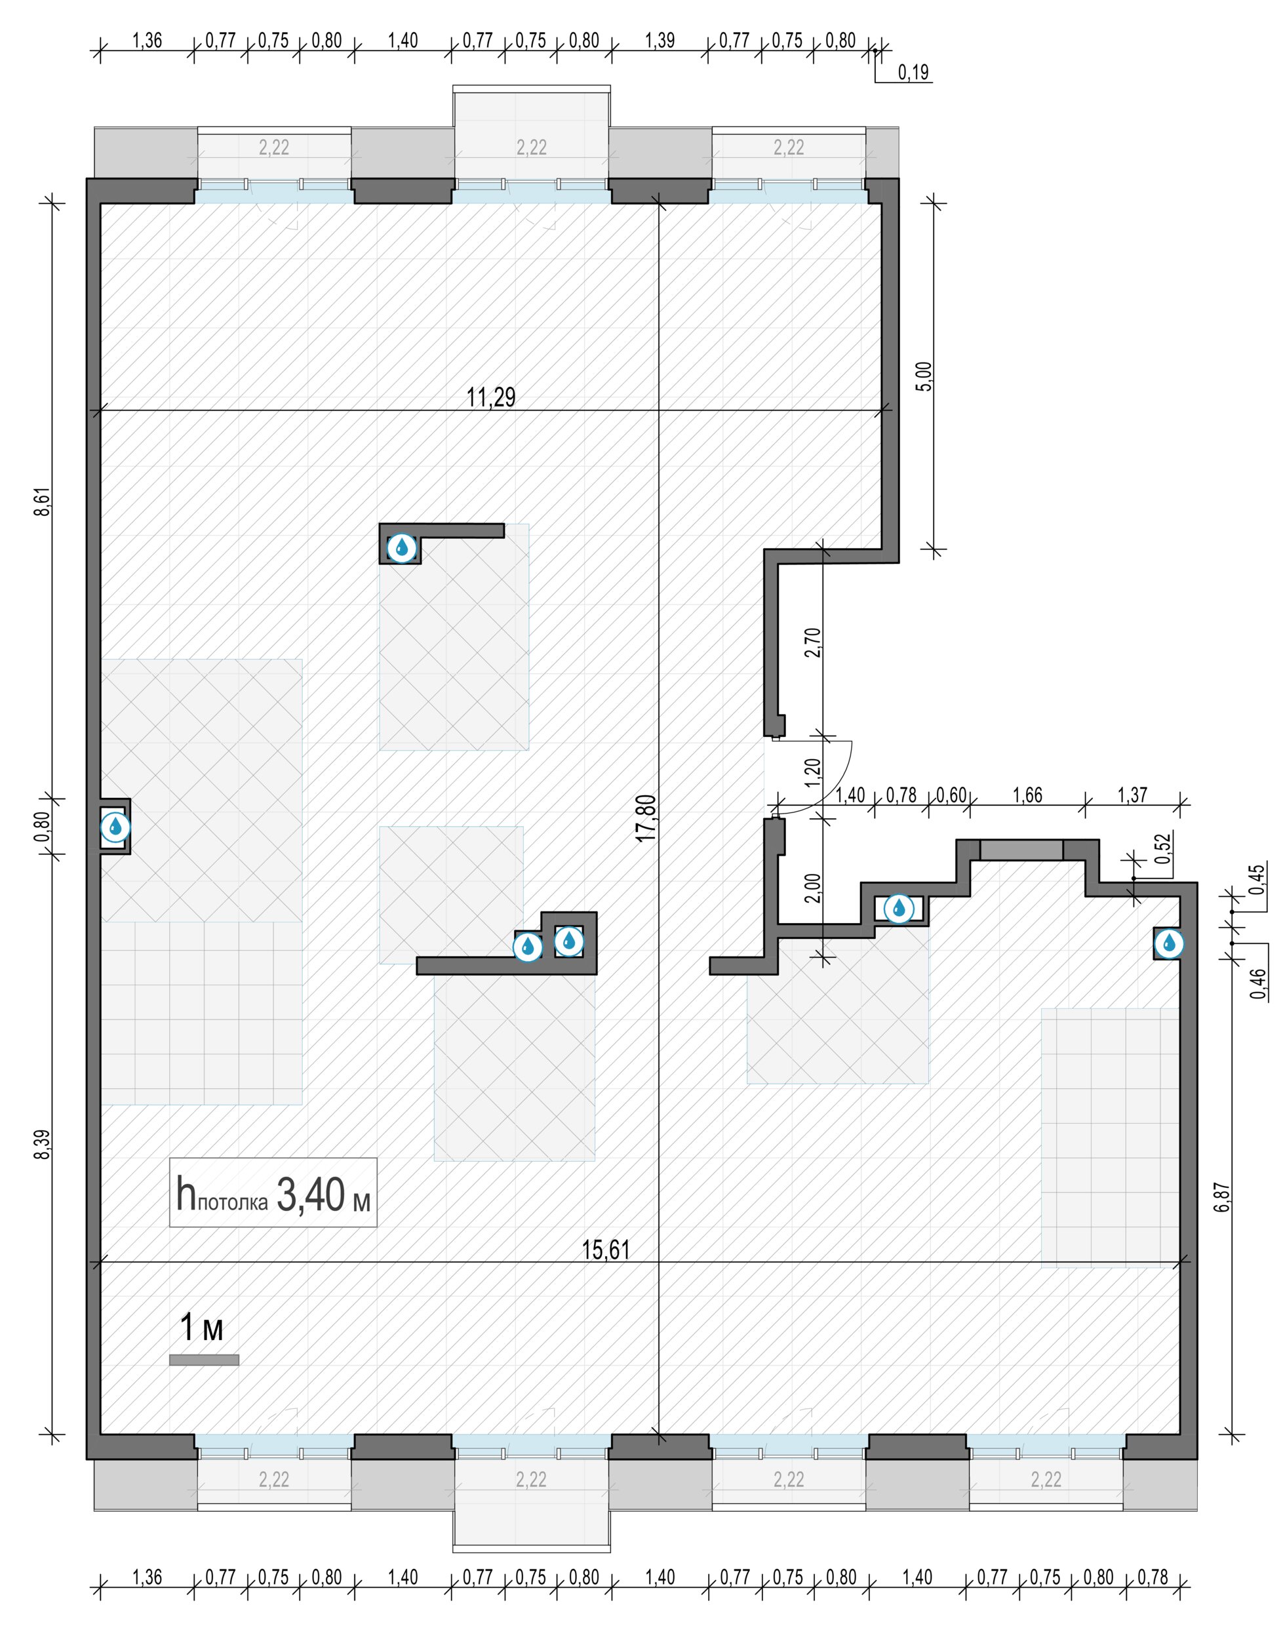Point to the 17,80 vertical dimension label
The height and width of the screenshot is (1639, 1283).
tap(647, 818)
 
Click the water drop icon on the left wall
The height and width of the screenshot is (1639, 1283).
tap(115, 827)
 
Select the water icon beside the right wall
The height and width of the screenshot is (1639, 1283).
tap(1168, 943)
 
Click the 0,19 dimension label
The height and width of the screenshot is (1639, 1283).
tap(913, 72)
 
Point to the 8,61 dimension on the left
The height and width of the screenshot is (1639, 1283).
tap(45, 501)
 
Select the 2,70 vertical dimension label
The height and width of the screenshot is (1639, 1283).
tap(812, 642)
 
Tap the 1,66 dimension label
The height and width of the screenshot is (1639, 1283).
tap(1027, 795)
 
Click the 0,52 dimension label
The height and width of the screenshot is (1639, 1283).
tap(1164, 849)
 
